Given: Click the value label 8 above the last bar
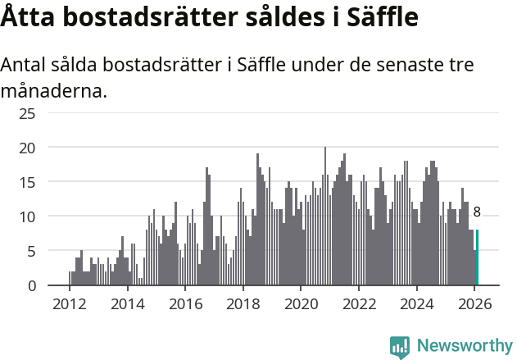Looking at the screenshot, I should pyautogui.click(x=477, y=212).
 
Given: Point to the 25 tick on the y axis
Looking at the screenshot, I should pyautogui.click(x=28, y=113).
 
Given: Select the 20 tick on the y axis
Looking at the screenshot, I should pyautogui.click(x=28, y=148).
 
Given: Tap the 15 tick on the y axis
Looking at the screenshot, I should pyautogui.click(x=28, y=182).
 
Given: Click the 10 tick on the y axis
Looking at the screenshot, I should pyautogui.click(x=28, y=216).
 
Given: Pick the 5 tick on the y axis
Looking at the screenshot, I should pyautogui.click(x=31, y=251).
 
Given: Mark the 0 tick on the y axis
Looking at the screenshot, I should pyautogui.click(x=31, y=285).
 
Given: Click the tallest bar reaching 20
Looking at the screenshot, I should pyautogui.click(x=325, y=216).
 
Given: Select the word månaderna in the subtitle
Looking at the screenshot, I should pyautogui.click(x=53, y=90).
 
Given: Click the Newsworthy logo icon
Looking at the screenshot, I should pyautogui.click(x=400, y=347).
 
